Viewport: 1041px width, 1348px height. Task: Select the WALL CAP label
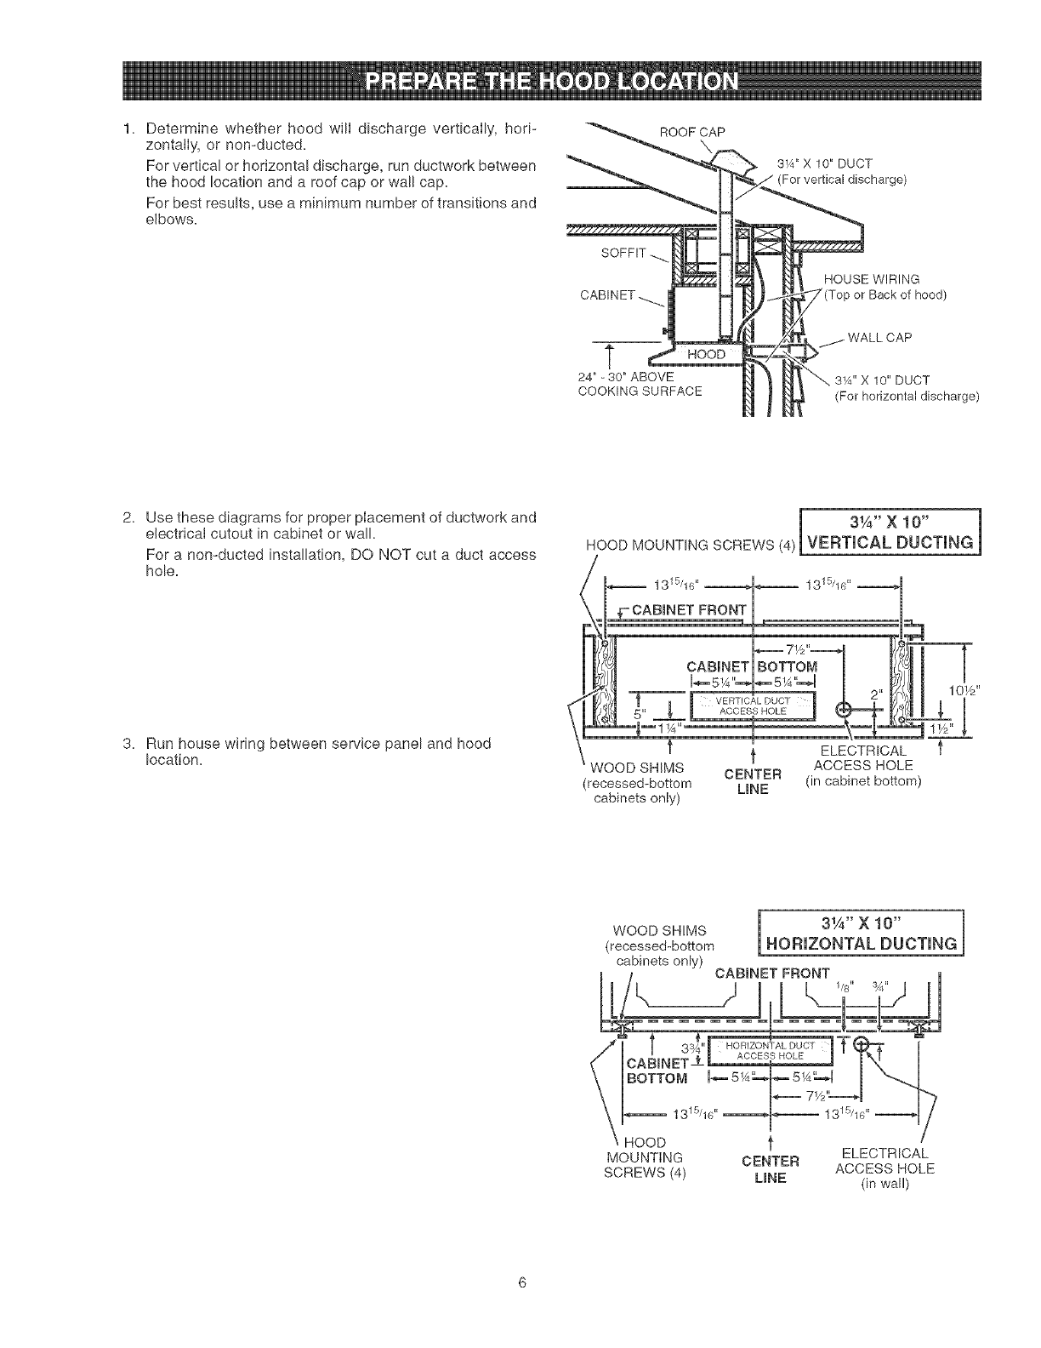pos(879,338)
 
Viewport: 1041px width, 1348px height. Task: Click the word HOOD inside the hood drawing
pos(707,354)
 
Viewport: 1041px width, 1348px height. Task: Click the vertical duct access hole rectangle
pos(753,705)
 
